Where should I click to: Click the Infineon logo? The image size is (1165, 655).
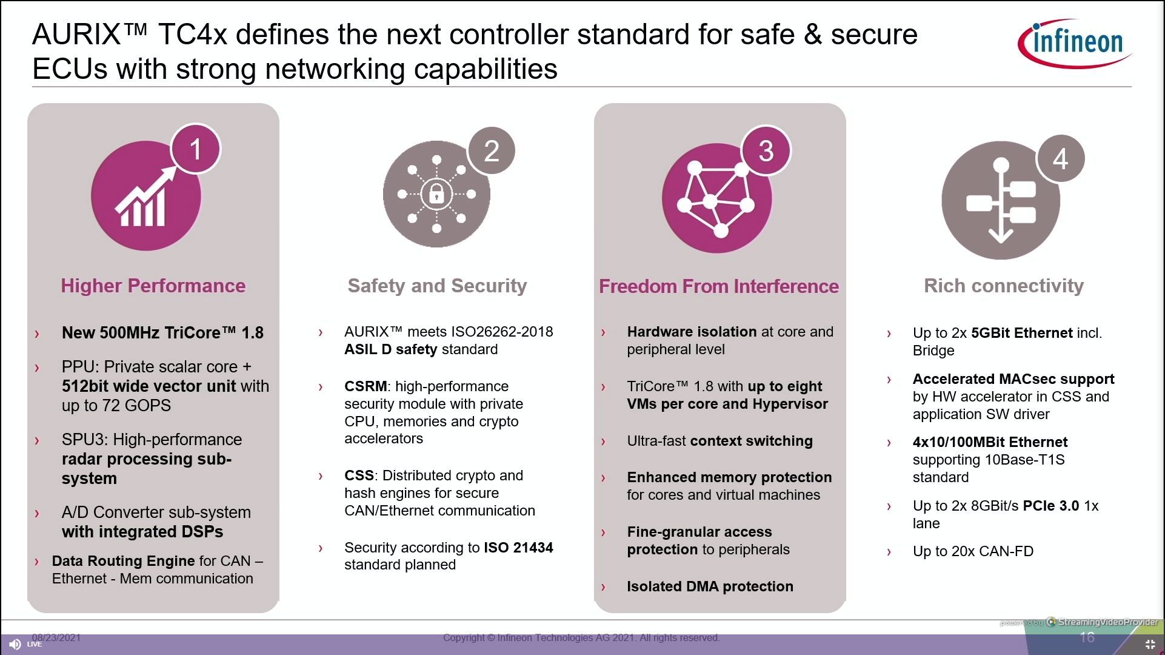[x=1075, y=42]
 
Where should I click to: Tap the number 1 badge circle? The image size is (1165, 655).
[x=195, y=149]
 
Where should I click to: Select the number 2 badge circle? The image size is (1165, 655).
[x=492, y=150]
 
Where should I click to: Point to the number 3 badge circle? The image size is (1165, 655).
[x=766, y=150]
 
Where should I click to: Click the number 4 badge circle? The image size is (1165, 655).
[x=1060, y=158]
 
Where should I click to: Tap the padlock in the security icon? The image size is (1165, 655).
[x=436, y=194]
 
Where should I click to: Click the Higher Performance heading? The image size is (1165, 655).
[x=153, y=286]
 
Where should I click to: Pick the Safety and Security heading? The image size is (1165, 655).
[x=437, y=286]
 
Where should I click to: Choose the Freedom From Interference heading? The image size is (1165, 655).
[x=719, y=286]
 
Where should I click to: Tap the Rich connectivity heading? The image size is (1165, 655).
[x=1004, y=286]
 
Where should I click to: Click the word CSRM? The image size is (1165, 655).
[x=366, y=386]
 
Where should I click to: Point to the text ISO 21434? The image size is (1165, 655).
[x=518, y=548]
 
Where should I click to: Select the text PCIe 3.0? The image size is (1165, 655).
[x=1051, y=506]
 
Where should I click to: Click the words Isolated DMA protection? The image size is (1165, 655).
[x=710, y=586]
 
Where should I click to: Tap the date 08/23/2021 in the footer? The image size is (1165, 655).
[x=56, y=637]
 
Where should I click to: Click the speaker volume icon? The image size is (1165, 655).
[x=15, y=644]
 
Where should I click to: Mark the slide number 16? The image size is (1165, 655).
[x=1087, y=637]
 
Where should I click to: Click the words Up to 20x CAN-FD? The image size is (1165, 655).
[x=973, y=551]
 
